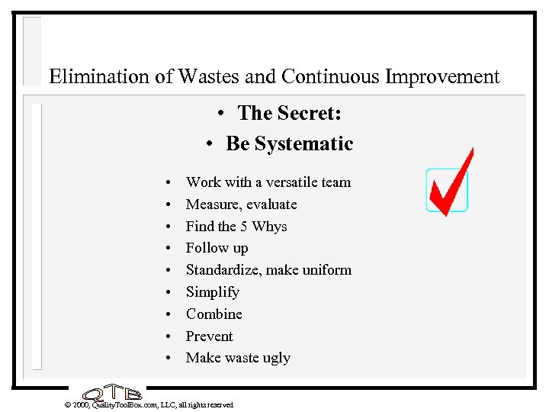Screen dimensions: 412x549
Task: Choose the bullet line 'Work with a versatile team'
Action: tap(268, 182)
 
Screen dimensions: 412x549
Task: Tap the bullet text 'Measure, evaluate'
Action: tap(241, 204)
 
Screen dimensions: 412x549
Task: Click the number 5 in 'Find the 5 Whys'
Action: tap(244, 227)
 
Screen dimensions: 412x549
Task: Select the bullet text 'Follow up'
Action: tap(217, 248)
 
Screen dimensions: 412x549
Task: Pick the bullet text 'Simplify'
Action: tap(212, 292)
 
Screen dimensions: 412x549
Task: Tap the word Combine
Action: tap(213, 314)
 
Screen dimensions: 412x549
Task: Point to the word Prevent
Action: tap(209, 336)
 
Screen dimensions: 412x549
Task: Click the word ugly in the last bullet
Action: tap(275, 359)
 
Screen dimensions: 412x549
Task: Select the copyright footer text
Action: tap(149, 404)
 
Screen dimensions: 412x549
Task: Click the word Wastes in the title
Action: tap(207, 77)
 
